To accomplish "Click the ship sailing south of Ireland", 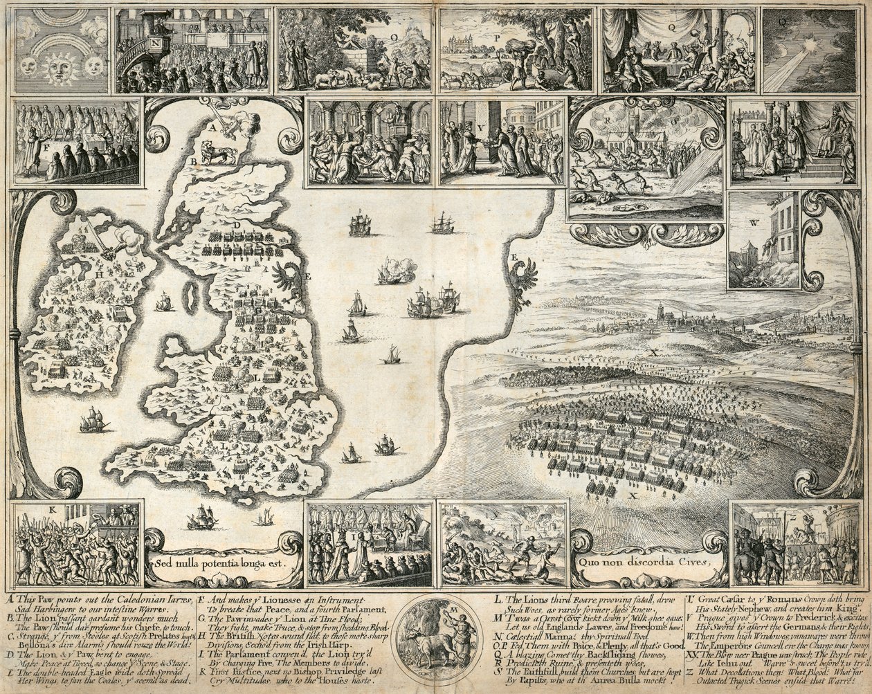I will [x=93, y=419].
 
